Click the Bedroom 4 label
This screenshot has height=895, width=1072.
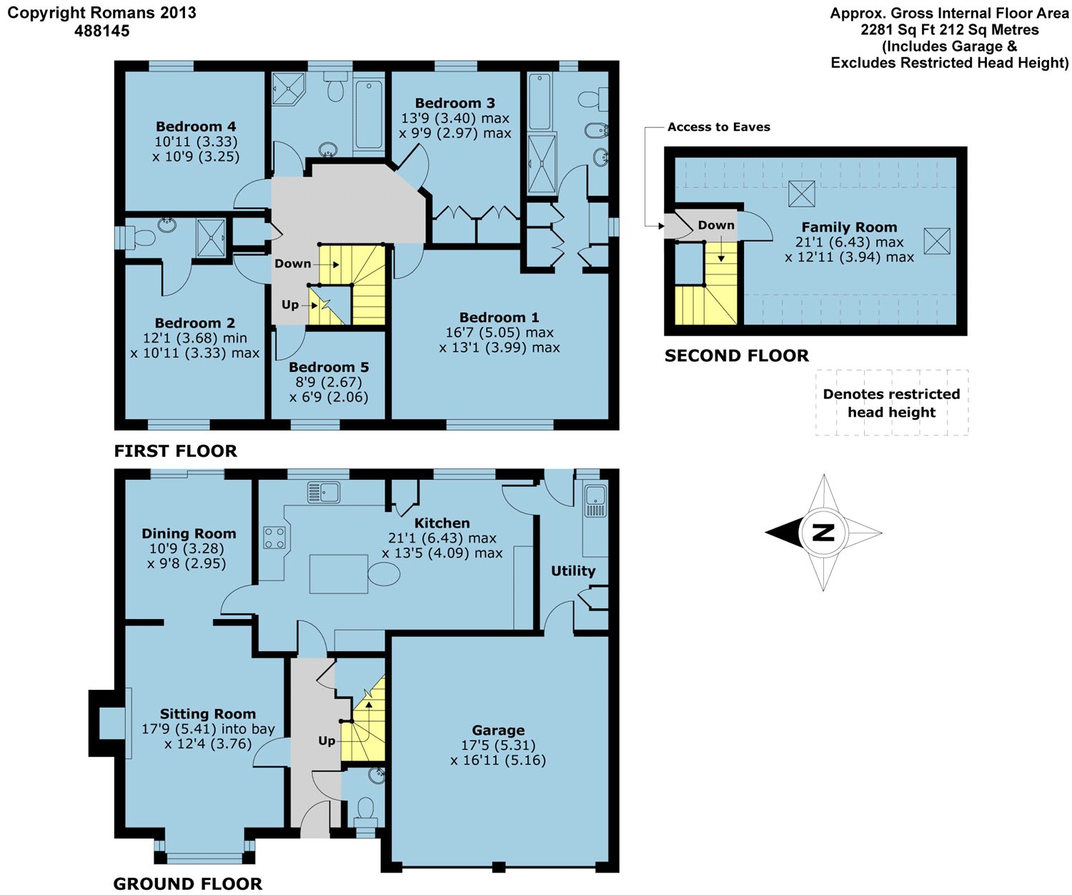click(x=196, y=127)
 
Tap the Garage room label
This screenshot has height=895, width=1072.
click(x=498, y=730)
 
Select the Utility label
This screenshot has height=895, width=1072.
click(x=573, y=571)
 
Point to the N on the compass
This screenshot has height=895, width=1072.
click(x=823, y=533)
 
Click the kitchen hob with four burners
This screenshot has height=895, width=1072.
click(x=274, y=538)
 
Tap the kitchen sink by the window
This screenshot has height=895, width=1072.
click(x=324, y=493)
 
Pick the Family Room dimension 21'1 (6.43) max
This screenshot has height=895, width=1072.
click(x=849, y=242)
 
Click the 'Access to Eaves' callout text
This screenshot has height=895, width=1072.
click(x=719, y=127)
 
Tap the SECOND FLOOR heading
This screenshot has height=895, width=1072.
click(x=737, y=355)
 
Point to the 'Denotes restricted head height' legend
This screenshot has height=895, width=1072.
click(x=892, y=403)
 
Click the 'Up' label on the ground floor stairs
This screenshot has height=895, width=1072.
click(x=327, y=741)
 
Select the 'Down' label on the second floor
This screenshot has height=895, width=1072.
click(x=715, y=225)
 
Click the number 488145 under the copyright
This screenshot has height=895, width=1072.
click(x=101, y=31)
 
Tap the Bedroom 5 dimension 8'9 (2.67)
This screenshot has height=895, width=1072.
click(x=329, y=382)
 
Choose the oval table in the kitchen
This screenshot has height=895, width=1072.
click(x=384, y=573)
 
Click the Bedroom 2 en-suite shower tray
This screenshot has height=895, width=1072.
click(x=211, y=238)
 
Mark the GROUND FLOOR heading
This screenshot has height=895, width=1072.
click(x=188, y=884)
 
